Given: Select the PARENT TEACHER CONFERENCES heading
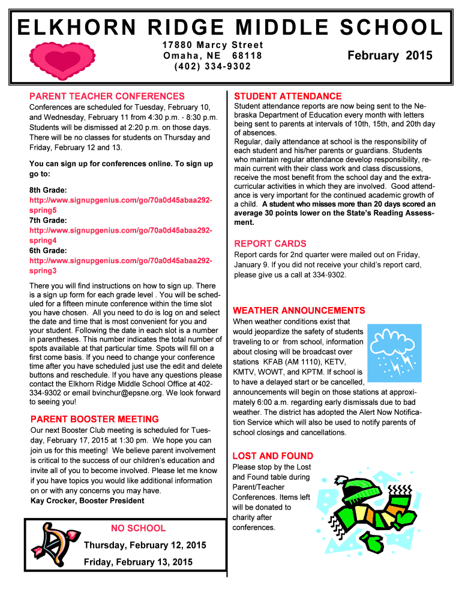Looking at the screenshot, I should pos(107,96).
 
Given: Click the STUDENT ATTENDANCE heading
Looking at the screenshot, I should pos(288,96).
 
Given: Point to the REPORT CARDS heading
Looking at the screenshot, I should pos(270,243).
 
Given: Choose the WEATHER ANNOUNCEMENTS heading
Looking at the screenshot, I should pos(299,311).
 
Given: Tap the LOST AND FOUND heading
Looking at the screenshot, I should pos(272,456).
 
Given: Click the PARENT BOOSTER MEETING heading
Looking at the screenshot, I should pos(94,419).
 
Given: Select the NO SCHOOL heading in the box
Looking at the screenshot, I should pos(138,528).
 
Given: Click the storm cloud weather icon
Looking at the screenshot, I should pos(389,352).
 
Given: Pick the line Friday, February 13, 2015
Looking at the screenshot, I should pos(138,562).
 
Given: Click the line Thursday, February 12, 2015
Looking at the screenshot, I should pos(145,545).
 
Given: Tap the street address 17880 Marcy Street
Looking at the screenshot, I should pos(212,45).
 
